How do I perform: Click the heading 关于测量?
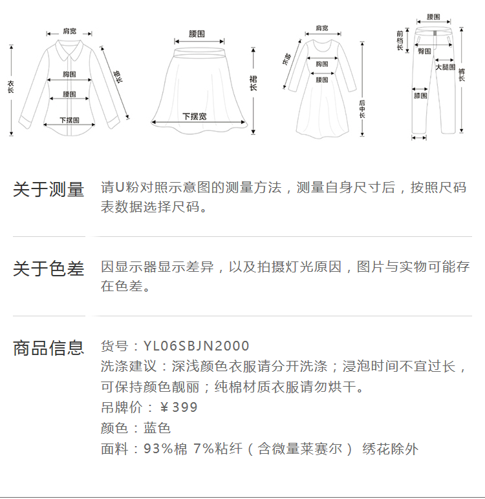tap(48, 190)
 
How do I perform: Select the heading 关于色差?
tap(48, 269)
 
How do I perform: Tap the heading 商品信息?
tap(48, 348)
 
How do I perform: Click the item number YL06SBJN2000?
tap(196, 347)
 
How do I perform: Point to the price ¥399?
tap(178, 407)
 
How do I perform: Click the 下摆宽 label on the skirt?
tap(194, 117)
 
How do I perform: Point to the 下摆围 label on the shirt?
tap(69, 120)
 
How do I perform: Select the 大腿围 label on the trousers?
tap(445, 67)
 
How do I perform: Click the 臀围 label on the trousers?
tap(424, 50)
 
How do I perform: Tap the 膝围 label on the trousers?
tap(420, 96)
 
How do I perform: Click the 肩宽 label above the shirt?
tap(69, 31)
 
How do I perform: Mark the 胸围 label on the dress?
tap(322, 64)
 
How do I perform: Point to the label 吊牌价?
tap(118, 407)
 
